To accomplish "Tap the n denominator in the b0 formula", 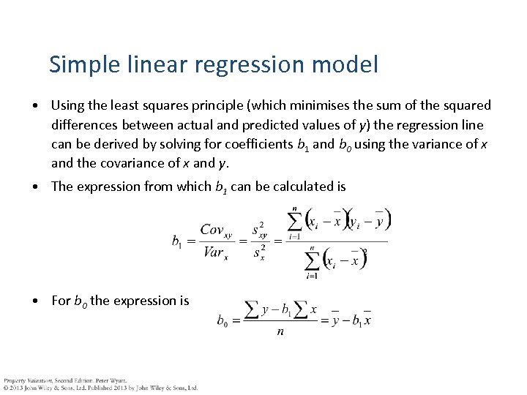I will click(280, 332).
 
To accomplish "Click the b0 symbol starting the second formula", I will click(221, 320).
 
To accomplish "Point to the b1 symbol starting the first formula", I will click(177, 241).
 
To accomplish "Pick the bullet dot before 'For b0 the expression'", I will click(36, 301).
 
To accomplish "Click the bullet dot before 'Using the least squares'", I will click(36, 106).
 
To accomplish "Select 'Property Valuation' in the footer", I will click(25, 380).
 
